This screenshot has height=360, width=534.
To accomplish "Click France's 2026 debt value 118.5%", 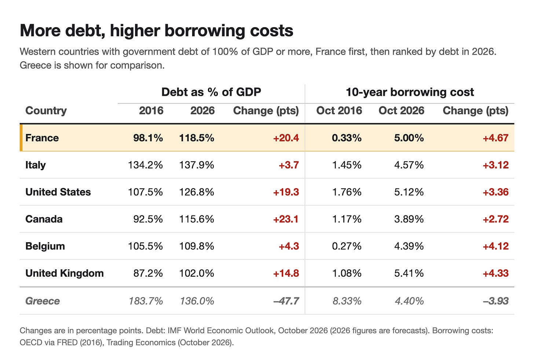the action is pyautogui.click(x=197, y=138).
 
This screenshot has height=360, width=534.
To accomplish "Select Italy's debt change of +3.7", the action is pyautogui.click(x=289, y=165).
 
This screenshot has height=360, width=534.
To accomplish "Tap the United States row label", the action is pyautogui.click(x=58, y=192).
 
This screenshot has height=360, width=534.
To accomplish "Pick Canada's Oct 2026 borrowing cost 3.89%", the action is pyautogui.click(x=409, y=219).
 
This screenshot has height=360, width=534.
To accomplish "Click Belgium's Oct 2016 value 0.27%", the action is pyautogui.click(x=347, y=246).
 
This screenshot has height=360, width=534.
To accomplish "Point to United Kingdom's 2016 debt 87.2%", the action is pyautogui.click(x=148, y=273).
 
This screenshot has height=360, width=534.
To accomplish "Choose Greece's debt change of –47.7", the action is pyautogui.click(x=286, y=301).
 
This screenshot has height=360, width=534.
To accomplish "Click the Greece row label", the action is pyautogui.click(x=43, y=301).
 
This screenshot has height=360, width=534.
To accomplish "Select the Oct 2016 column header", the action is pyautogui.click(x=339, y=111).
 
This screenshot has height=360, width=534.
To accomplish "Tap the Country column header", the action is pyautogui.click(x=46, y=111).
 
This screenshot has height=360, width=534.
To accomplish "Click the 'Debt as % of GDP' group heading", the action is pyautogui.click(x=211, y=92).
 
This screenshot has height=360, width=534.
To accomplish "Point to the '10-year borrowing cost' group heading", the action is pyautogui.click(x=410, y=92).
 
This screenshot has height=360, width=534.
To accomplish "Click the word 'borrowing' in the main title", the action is pyautogui.click(x=205, y=31).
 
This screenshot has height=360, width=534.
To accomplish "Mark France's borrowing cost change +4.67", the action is pyautogui.click(x=495, y=138).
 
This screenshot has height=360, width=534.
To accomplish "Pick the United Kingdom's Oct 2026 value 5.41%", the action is pyautogui.click(x=409, y=273).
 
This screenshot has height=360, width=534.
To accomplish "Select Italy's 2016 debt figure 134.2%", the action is pyautogui.click(x=145, y=165).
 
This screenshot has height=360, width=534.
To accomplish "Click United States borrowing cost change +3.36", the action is pyautogui.click(x=495, y=192).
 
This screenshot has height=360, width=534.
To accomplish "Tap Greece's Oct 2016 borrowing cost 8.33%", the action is pyautogui.click(x=347, y=301).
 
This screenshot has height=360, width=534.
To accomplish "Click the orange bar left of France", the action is pyautogui.click(x=21, y=138).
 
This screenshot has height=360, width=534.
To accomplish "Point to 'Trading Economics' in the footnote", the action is pyautogui.click(x=141, y=343).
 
